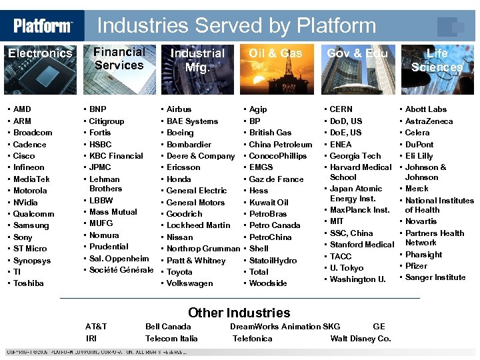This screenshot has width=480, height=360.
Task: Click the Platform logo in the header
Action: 43,26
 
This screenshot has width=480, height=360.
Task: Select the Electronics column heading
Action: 40,53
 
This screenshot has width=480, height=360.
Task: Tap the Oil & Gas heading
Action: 275,53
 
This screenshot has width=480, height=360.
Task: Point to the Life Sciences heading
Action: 437,60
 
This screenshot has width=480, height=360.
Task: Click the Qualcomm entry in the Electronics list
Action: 34,214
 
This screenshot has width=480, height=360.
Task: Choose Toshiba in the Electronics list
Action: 29,283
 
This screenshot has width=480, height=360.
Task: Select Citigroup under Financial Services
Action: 107,121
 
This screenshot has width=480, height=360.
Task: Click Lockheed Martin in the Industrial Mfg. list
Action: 199,225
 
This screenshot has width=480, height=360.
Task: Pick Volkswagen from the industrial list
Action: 190,283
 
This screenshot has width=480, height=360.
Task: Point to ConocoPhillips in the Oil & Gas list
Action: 278,156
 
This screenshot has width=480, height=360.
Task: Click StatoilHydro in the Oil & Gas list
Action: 273,261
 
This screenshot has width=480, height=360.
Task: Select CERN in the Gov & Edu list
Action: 341,109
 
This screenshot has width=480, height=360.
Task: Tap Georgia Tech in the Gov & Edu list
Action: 355,156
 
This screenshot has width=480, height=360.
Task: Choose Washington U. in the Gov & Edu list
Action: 358,280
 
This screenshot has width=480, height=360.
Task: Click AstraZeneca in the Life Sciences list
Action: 429,121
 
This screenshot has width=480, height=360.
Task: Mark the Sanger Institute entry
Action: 435,277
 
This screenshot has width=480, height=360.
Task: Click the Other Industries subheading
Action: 239,313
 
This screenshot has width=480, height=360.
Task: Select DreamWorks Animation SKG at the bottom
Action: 285,327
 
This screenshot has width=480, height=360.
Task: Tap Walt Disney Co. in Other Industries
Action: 361,339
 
